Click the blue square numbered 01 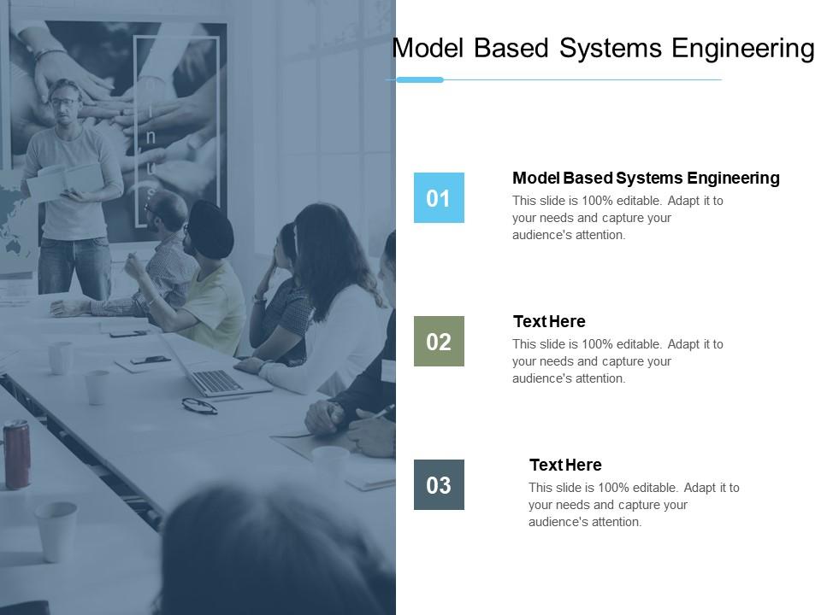439,197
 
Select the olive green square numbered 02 439,341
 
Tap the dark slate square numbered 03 439,484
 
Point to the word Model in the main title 428,48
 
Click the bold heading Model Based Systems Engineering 647,179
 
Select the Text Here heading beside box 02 549,321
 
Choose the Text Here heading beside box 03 565,465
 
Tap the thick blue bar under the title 419,79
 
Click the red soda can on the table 17,454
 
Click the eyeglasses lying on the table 199,406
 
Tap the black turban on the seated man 210,229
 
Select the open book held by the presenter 65,180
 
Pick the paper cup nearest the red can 56,530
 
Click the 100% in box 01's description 598,201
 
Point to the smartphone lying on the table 151,360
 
